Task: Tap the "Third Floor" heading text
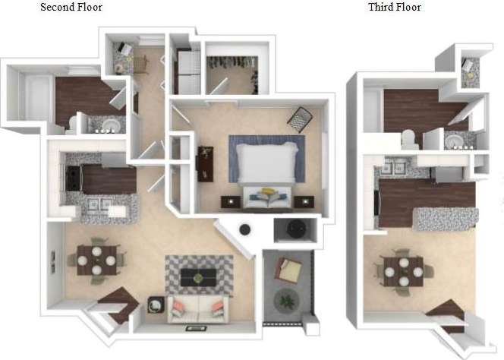pyautogui.click(x=394, y=8)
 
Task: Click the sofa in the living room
pyautogui.click(x=199, y=308)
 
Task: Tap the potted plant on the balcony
pyautogui.click(x=287, y=300)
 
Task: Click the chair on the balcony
pyautogui.click(x=290, y=268)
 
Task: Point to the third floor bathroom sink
pyautogui.click(x=453, y=141)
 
